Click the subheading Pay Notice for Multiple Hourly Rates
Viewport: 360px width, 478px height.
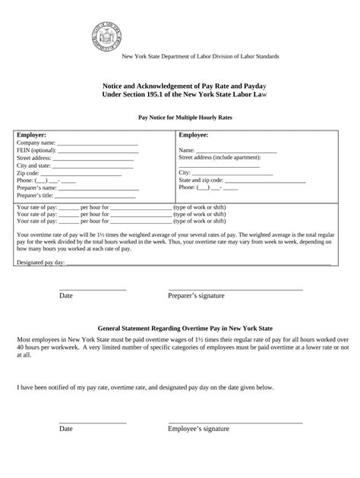pos(180,118)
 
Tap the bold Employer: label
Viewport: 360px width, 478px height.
pos(32,134)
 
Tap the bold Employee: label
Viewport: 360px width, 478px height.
pos(194,134)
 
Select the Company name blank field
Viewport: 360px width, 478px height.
pos(97,143)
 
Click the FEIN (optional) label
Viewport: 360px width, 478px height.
pos(36,150)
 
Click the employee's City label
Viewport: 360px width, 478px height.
pos(185,172)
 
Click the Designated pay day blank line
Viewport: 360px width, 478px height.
pos(198,263)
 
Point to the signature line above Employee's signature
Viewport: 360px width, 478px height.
pos(235,421)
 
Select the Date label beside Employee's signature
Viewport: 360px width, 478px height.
pos(66,429)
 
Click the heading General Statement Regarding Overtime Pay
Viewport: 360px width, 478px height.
pos(180,322)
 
